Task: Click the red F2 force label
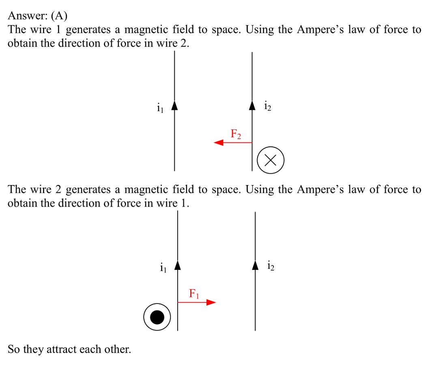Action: tap(236, 134)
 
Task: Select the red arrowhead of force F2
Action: tap(219, 142)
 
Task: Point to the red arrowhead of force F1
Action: tap(211, 302)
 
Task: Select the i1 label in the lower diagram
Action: tap(163, 267)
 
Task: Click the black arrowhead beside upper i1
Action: tap(174, 106)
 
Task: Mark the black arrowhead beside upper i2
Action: tap(252, 105)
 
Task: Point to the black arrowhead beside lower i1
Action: tap(178, 265)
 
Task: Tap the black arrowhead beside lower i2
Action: tap(255, 265)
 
